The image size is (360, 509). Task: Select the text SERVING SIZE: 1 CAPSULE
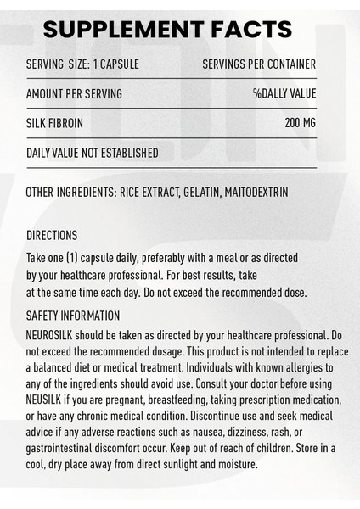pos(83,65)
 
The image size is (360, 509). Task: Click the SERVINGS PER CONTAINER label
pos(259,65)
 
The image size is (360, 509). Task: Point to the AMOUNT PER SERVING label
pos(75,94)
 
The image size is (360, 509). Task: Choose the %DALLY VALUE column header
pos(284,94)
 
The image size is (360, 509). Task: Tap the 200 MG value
pos(300,123)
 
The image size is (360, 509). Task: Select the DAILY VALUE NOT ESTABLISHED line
pos(93,153)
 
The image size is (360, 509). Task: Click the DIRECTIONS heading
pos(53,235)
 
